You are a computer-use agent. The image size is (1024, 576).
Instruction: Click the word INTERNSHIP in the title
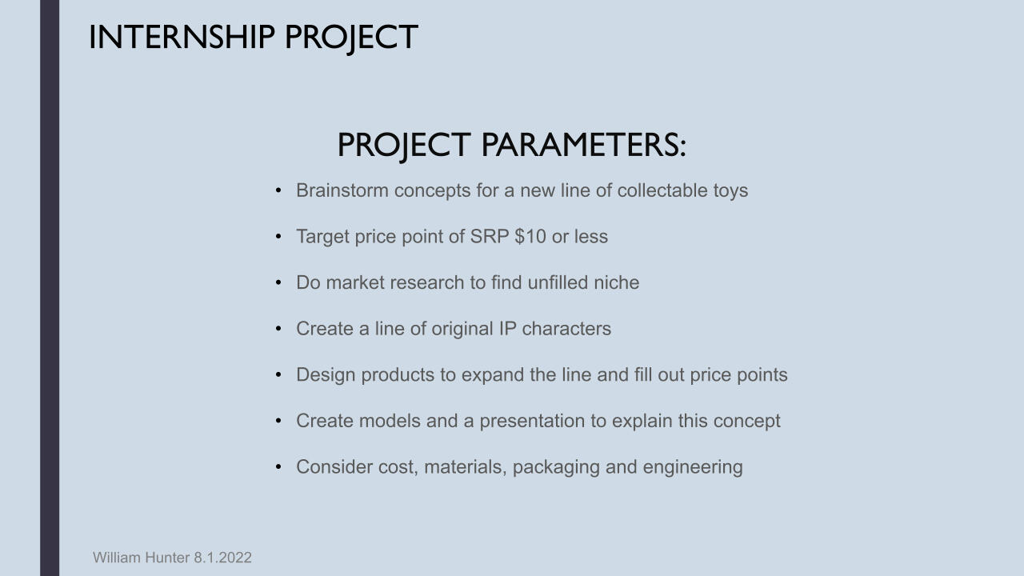point(182,37)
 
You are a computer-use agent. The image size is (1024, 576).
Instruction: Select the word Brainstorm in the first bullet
point(342,190)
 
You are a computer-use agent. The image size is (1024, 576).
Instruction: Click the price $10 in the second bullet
point(530,236)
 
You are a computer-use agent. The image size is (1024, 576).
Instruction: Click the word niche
point(616,282)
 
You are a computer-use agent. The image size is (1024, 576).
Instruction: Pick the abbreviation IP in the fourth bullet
point(507,329)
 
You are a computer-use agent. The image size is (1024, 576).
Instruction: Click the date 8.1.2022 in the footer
point(222,558)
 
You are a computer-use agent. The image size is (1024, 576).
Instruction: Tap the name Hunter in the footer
point(167,558)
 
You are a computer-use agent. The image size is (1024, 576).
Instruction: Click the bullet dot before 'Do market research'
point(278,282)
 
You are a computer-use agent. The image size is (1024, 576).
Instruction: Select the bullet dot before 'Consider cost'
point(278,466)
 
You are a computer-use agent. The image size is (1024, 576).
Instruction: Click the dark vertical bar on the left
point(50,288)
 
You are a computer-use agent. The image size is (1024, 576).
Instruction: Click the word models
point(390,421)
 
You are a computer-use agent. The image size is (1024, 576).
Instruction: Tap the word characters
point(566,329)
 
